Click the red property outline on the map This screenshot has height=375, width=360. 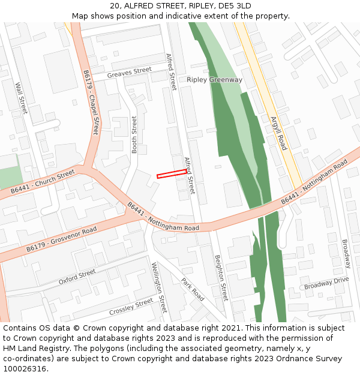point(172,174)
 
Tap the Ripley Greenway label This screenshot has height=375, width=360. point(214,80)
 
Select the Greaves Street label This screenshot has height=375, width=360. point(129,73)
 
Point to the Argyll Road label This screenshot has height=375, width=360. point(278,133)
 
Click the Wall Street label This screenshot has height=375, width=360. point(22,97)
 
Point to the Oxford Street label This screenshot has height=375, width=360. point(77,277)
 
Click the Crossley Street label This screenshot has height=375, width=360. point(131,307)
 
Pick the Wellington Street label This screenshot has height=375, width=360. point(159,287)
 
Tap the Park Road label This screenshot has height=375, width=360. point(193,289)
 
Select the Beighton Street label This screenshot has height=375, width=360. point(221,278)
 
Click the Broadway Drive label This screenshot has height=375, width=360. point(326,283)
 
